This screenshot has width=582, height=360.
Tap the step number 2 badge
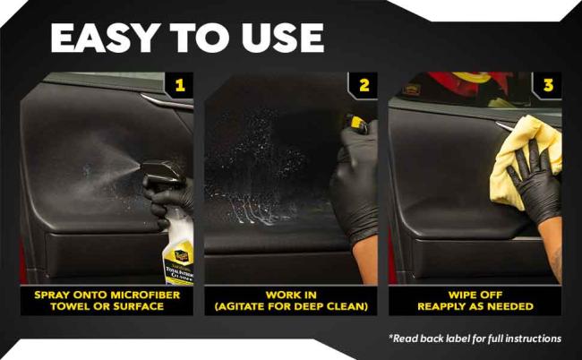[x=364, y=86]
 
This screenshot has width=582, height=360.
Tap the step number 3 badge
[x=548, y=86]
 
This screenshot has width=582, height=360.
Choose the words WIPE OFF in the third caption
[x=475, y=294]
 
